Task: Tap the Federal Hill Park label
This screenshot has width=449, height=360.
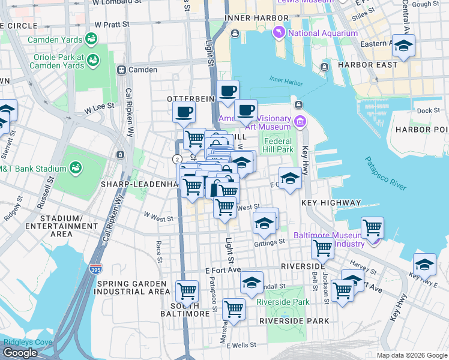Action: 278,145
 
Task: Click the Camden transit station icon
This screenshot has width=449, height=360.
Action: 121,70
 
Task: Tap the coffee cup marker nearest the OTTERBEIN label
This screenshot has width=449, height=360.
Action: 184,112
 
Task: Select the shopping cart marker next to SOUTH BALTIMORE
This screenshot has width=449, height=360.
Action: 187,292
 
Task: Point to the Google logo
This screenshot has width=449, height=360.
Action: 20,353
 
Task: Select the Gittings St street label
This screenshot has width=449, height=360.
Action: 270,242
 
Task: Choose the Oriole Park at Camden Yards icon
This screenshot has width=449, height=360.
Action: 93,61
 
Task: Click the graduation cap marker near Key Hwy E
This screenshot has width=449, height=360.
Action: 424,265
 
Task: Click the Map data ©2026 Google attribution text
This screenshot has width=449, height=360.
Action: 412,355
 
